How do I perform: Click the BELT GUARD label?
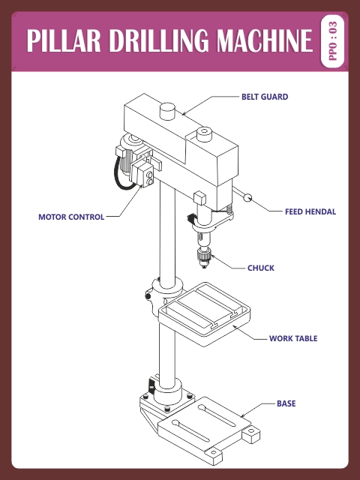click(x=264, y=97)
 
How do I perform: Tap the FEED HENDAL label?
click(x=310, y=211)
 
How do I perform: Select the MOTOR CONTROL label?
click(x=71, y=217)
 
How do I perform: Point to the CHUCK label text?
click(x=261, y=268)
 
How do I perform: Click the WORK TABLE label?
click(x=293, y=339)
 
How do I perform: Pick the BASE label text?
click(x=286, y=403)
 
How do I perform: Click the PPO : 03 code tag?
click(x=334, y=40)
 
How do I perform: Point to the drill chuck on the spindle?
click(x=202, y=258)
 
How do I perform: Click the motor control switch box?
click(x=147, y=175)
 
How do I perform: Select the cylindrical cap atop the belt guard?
click(x=168, y=111)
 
